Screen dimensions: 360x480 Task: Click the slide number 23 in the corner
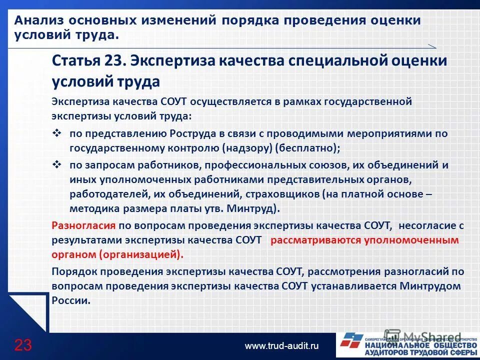[x=23, y=344]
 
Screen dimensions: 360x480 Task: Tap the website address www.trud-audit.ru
[x=281, y=345]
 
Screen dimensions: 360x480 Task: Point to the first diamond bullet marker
[x=56, y=133]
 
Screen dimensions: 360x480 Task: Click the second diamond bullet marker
[x=56, y=164]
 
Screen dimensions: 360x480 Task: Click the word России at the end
[x=70, y=300]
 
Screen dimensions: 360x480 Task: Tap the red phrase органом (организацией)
[x=117, y=253]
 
